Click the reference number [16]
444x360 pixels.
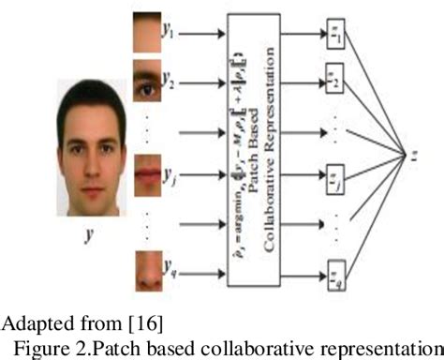pyautogui.click(x=144, y=324)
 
